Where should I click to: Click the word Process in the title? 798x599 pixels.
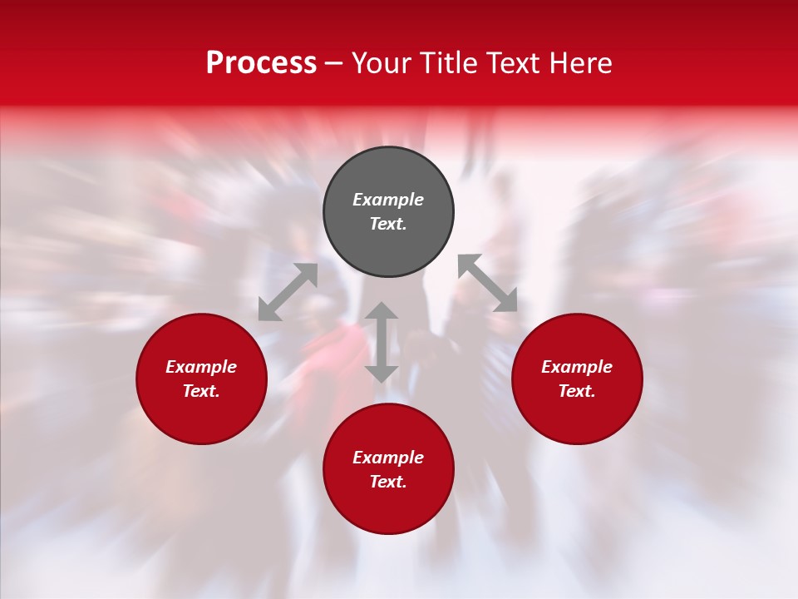pos(261,63)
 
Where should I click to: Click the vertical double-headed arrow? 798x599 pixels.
pos(382,343)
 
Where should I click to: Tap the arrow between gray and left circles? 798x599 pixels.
pos(288,292)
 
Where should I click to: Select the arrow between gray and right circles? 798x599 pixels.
pos(488,283)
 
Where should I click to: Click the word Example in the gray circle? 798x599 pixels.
pos(388,200)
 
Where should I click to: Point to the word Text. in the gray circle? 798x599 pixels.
pos(388,224)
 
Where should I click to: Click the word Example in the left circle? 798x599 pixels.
pos(201,367)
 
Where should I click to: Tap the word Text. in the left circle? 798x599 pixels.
pos(201,391)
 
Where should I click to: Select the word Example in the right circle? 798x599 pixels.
pos(577,367)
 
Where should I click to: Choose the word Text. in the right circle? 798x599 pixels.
pos(577,391)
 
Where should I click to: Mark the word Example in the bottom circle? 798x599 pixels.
pos(388,458)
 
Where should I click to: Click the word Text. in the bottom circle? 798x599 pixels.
pos(388,482)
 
